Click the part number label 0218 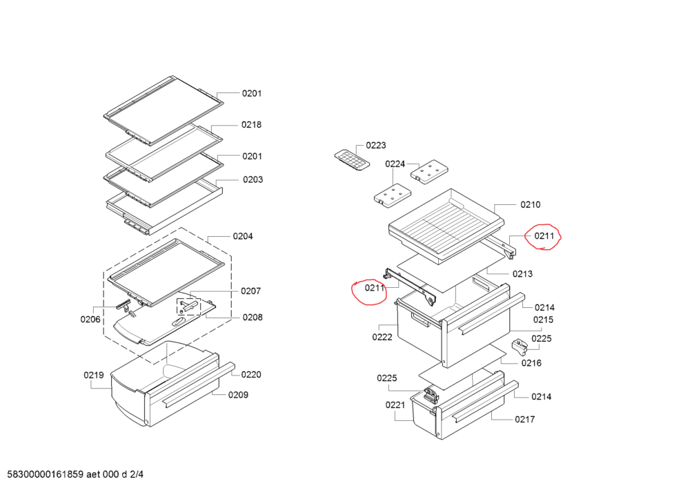(251, 125)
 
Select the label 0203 (253, 179)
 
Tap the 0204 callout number (243, 236)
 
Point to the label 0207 (251, 291)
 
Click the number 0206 (90, 320)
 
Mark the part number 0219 (94, 375)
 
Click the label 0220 (251, 375)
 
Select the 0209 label (239, 395)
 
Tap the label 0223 (376, 145)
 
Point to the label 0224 (395, 164)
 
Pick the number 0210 (531, 204)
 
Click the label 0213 (522, 274)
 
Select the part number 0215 (543, 320)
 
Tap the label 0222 (382, 337)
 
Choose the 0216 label (531, 363)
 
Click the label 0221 (395, 405)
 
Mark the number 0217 (524, 419)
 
